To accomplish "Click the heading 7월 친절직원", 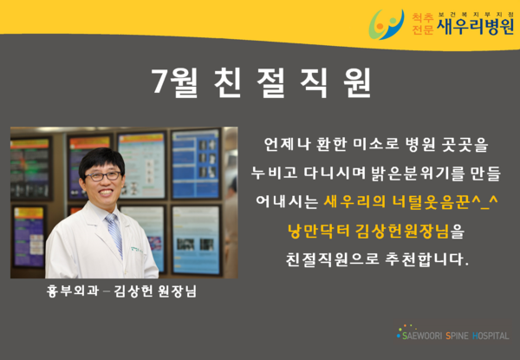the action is pos(261,82).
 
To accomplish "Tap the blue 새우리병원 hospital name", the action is pos(476,27).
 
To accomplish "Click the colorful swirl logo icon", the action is pos(387,24).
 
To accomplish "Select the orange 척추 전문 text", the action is pos(423,24).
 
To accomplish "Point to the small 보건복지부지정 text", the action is pos(476,15).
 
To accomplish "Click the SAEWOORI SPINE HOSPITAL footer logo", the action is pos(452,333).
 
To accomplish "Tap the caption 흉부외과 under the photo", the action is pos(73,291).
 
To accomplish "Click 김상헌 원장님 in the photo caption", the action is pos(155,291).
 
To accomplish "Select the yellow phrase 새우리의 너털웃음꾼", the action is pos(396,201).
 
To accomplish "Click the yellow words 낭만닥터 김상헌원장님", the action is pos(368,230).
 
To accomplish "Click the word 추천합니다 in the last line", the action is pos(426,259).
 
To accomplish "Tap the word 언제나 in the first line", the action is pos(287,144).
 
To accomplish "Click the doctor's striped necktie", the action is pos(114,234).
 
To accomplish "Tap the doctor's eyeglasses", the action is pos(103,176).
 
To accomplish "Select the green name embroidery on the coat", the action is pos(137,249).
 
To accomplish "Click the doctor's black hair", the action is pos(101,161).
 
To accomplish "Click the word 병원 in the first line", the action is pos(420,144).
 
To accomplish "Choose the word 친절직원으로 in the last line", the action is pos(333,259).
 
